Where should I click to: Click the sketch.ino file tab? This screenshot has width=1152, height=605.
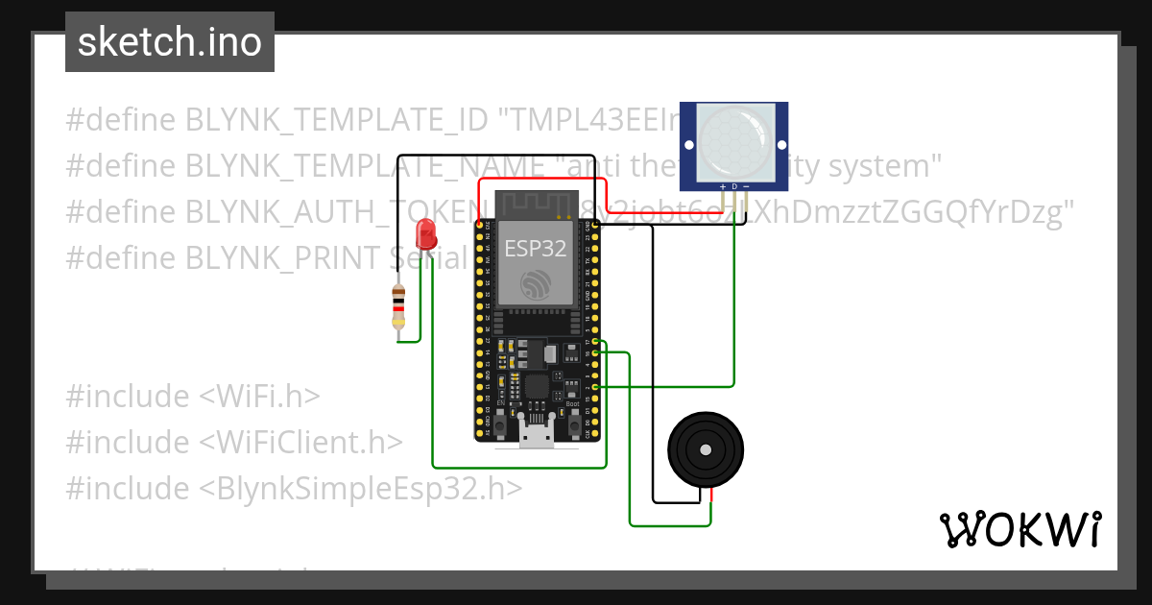[169, 42]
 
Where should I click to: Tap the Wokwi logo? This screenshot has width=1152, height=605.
[1019, 529]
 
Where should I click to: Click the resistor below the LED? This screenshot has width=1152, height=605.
[398, 307]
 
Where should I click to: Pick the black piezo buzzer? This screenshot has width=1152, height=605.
[707, 449]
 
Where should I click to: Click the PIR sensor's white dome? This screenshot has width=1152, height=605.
[733, 138]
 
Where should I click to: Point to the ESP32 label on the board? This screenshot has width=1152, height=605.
[536, 249]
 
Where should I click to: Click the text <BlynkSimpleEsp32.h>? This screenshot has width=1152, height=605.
[361, 488]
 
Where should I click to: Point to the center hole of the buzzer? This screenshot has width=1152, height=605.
[707, 449]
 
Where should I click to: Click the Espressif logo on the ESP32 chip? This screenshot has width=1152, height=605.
[536, 284]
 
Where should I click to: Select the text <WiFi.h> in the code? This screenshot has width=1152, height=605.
[259, 396]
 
